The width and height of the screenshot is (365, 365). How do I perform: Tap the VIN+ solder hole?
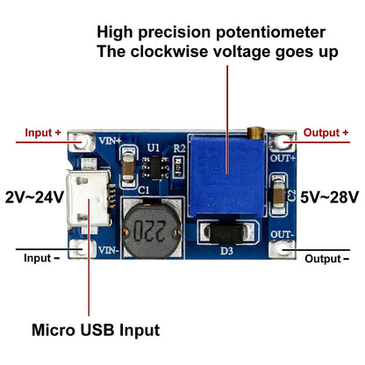click(85, 140)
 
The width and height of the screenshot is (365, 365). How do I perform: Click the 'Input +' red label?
click(44, 132)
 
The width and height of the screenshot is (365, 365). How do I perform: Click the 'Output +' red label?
click(326, 132)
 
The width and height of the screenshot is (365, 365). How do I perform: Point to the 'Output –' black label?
click(326, 259)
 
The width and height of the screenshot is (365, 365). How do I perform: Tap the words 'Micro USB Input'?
click(96, 330)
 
